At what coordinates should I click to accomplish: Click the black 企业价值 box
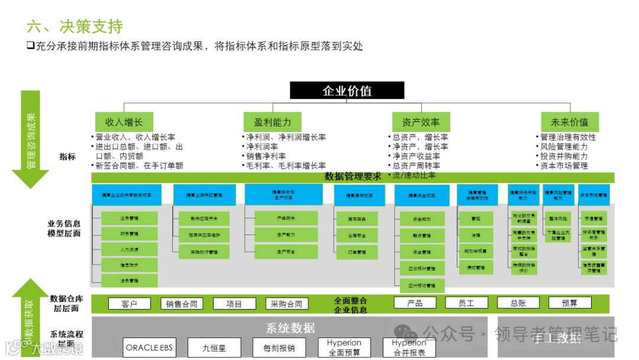[x=347, y=91]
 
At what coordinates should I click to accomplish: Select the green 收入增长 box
[x=124, y=122]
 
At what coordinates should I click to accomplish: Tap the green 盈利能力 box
[x=272, y=122]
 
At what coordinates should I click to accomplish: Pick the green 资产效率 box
[x=421, y=122]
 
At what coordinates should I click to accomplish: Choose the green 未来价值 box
[x=569, y=122]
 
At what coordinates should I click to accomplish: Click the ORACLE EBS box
[x=150, y=348]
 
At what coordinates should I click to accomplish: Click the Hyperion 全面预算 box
[x=344, y=348]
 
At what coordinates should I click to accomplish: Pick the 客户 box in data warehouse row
[x=129, y=304]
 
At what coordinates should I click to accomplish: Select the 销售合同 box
[x=182, y=304]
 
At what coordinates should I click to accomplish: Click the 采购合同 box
[x=286, y=304]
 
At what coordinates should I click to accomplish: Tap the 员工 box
[x=466, y=303]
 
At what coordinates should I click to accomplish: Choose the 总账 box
[x=518, y=303]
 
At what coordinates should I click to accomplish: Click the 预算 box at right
[x=569, y=303]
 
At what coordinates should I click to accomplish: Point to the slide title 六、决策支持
[x=75, y=27]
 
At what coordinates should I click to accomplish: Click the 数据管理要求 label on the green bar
[x=353, y=176]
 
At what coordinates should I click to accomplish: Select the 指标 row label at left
[x=67, y=157]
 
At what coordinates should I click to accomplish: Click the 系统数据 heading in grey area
[x=290, y=328]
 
